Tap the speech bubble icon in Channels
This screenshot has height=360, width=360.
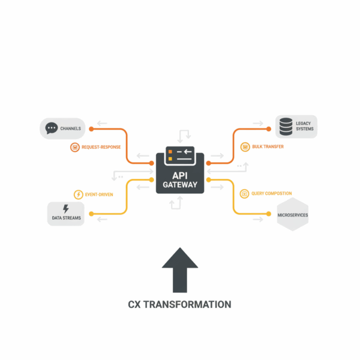[52, 128]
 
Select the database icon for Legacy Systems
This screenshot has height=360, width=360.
[286, 126]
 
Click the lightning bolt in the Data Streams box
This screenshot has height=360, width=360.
[66, 209]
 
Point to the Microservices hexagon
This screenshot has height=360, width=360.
[292, 214]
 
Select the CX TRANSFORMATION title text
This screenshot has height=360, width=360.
[180, 305]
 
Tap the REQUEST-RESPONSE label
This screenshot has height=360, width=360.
[101, 146]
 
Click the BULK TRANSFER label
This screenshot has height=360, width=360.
[268, 146]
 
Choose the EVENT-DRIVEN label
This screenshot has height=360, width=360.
[99, 194]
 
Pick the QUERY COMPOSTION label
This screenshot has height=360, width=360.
[272, 193]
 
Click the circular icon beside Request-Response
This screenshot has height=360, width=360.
[75, 146]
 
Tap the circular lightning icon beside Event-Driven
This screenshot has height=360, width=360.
[77, 194]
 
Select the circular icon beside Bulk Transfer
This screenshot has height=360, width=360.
[245, 146]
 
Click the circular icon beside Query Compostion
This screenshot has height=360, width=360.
[244, 193]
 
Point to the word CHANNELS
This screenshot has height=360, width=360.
[71, 128]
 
